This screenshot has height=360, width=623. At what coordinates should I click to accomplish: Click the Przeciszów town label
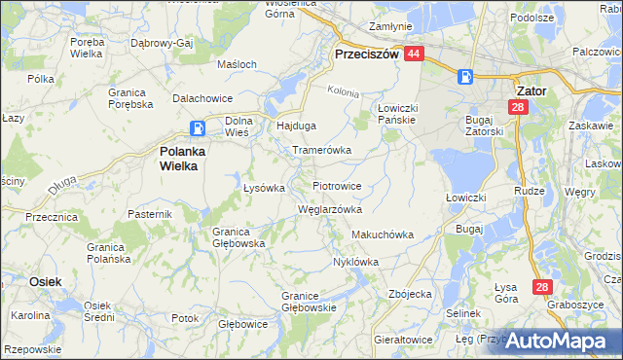pyautogui.click(x=366, y=55)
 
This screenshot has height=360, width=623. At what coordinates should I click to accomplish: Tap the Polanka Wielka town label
pyautogui.click(x=179, y=158)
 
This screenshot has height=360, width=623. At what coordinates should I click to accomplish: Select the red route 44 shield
pyautogui.click(x=414, y=54)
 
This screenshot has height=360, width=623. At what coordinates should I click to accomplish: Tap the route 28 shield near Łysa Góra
pyautogui.click(x=542, y=287)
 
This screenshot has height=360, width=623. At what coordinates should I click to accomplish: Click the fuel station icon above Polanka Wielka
pyautogui.click(x=198, y=127)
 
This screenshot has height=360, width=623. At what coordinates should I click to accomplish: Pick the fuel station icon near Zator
pyautogui.click(x=466, y=76)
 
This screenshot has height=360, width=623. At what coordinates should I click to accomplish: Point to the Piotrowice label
pyautogui.click(x=338, y=185)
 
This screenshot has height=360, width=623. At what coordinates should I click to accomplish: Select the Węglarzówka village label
pyautogui.click(x=330, y=209)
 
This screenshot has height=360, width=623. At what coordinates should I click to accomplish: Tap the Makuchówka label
pyautogui.click(x=383, y=234)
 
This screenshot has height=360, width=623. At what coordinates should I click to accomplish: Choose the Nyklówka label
pyautogui.click(x=355, y=262)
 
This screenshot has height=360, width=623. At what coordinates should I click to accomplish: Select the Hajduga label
pyautogui.click(x=297, y=126)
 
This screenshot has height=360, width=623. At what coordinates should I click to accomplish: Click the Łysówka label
pyautogui.click(x=263, y=188)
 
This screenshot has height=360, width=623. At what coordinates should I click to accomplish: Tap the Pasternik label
pyautogui.click(x=150, y=213)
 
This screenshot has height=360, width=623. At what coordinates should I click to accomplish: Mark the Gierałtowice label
pyautogui.click(x=403, y=340)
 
